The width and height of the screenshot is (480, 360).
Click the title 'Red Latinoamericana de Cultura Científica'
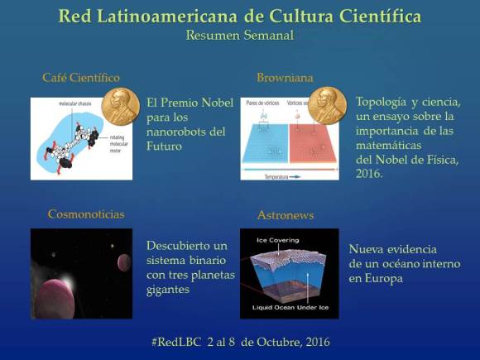click(240, 16)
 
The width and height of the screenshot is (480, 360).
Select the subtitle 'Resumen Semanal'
click(240, 36)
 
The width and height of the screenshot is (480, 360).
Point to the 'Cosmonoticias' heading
click(86, 214)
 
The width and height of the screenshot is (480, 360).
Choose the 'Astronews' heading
click(286, 215)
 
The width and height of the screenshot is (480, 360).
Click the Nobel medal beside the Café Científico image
click(121, 107)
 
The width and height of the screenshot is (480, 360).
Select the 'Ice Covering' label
click(279, 240)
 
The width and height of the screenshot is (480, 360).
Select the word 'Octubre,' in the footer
click(286, 341)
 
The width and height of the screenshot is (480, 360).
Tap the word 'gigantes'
click(169, 290)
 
